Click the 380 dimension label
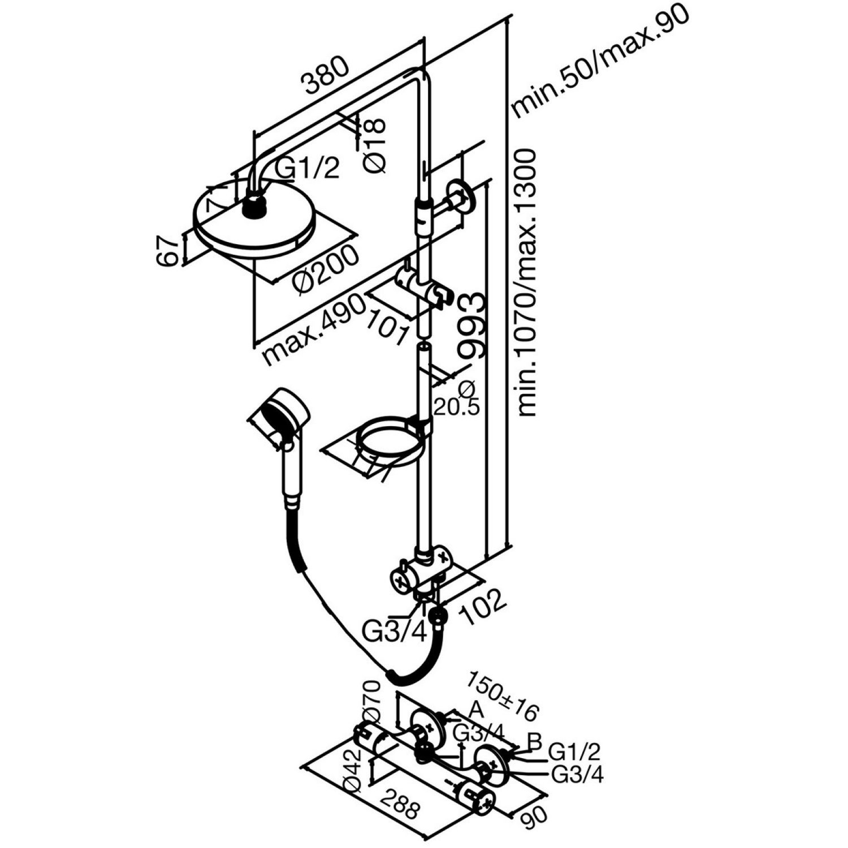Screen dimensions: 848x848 [x=326, y=76]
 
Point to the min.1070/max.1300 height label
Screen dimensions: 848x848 [x=527, y=283]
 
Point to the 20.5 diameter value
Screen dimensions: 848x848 [x=456, y=405]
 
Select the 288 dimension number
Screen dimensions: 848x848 [x=399, y=801]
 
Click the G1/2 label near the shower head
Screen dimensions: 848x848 [x=308, y=168]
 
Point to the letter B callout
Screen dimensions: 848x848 [x=534, y=741]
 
